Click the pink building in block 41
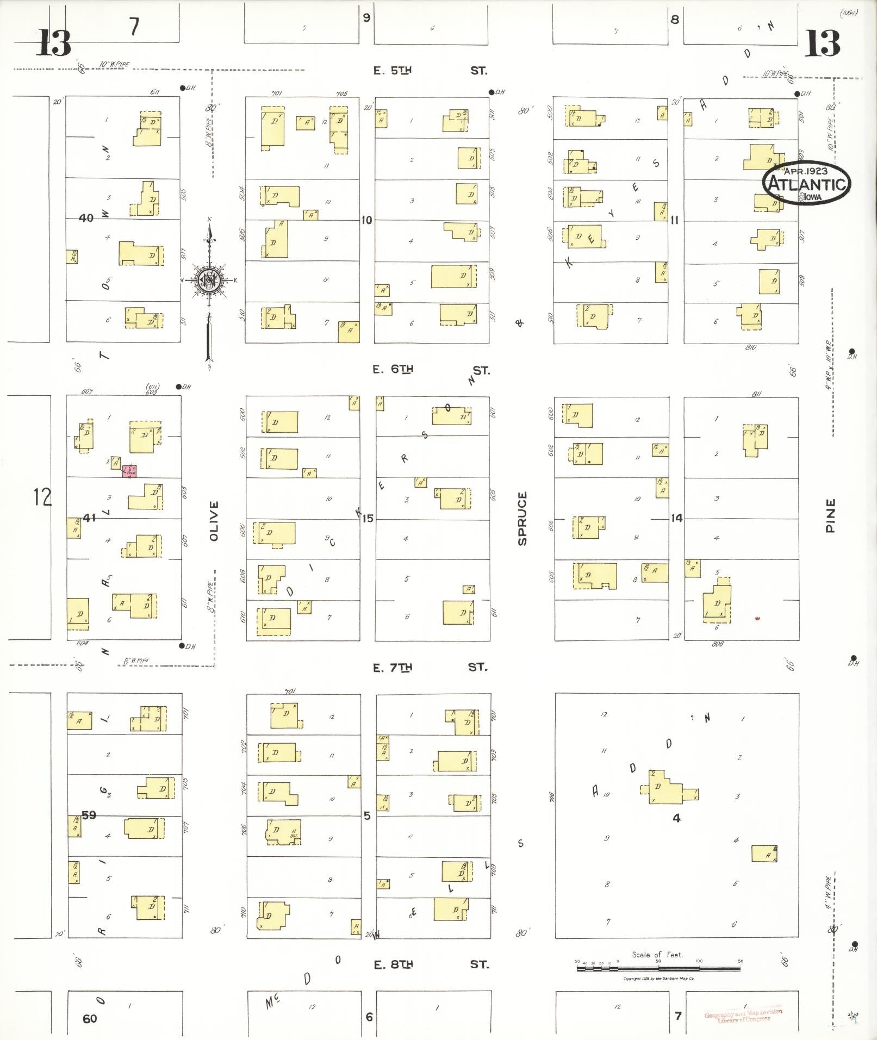pos(129,471)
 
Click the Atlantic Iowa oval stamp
pos(806,184)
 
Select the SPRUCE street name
pos(523,518)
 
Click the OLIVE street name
pos(213,521)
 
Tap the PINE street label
pos(830,515)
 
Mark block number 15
pos(368,518)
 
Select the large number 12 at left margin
pos(42,496)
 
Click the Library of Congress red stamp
pos(743,1016)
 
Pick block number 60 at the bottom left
pos(90,1018)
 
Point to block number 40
pos(86,218)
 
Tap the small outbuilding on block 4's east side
pos(764,854)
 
